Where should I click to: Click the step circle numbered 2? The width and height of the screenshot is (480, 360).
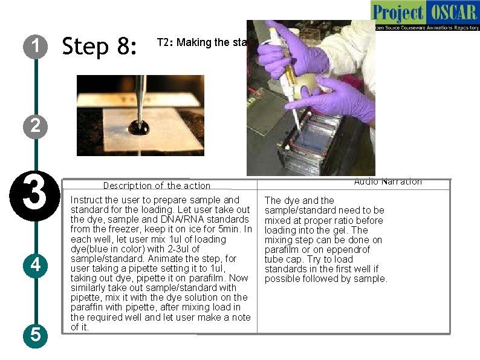pyautogui.click(x=36, y=126)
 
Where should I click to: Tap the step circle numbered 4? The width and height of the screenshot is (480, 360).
pyautogui.click(x=36, y=265)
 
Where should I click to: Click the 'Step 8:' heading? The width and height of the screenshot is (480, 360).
pyautogui.click(x=100, y=46)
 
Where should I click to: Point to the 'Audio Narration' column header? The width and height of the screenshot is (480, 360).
pyautogui.click(x=388, y=182)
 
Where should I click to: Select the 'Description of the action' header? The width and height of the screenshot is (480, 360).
pyautogui.click(x=157, y=186)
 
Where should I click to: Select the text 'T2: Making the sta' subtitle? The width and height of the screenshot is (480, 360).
pyautogui.click(x=201, y=42)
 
